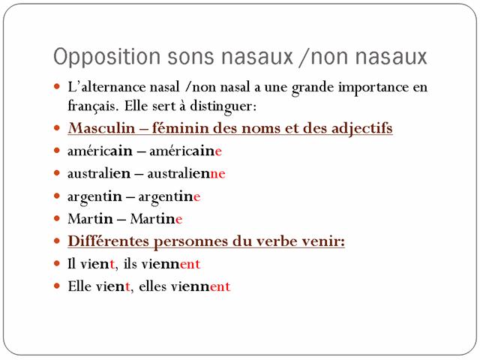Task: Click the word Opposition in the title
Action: click(106, 57)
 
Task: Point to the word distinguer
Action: click(223, 106)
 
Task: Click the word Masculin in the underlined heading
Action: click(102, 127)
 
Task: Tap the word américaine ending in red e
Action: click(185, 151)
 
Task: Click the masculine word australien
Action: click(99, 173)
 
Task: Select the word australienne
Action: click(187, 173)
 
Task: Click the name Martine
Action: click(156, 218)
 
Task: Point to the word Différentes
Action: click(108, 241)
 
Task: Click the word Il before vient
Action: click(71, 263)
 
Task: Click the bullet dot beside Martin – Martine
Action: click(57, 218)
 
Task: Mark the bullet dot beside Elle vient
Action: click(57, 286)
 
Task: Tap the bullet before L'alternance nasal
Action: click(57, 86)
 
